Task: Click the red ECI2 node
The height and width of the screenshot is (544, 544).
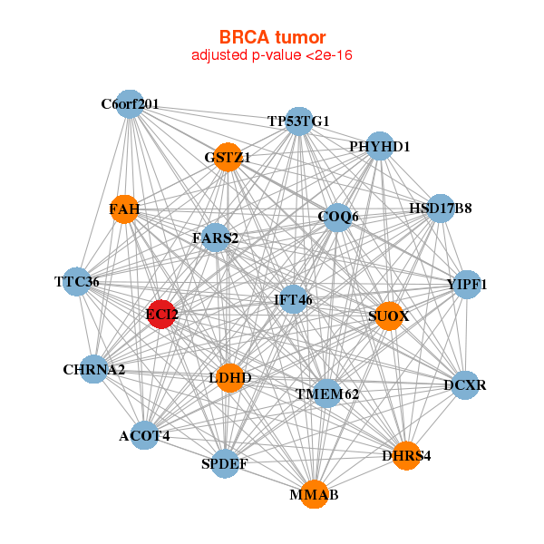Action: tap(161, 315)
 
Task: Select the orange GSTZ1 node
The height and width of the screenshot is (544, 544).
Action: tap(228, 157)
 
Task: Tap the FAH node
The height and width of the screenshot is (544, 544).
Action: tap(124, 210)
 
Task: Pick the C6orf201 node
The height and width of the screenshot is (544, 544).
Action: tap(130, 104)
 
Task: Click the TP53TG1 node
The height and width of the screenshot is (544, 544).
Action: tap(299, 121)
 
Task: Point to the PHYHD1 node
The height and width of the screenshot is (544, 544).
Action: tap(380, 146)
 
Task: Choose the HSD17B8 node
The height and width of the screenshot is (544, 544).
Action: tap(440, 208)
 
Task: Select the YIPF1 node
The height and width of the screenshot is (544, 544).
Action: tap(467, 285)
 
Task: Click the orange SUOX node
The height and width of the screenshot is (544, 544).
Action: tap(388, 316)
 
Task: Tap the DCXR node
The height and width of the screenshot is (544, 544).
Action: tap(465, 385)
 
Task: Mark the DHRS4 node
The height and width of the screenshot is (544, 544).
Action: tap(405, 455)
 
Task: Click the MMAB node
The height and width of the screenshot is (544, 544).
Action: tap(314, 495)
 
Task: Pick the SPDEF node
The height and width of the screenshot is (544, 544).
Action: tap(224, 464)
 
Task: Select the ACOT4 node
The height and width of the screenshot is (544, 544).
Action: tap(144, 436)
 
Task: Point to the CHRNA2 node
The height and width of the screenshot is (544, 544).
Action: tap(94, 369)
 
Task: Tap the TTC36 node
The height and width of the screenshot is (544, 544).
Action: tap(77, 282)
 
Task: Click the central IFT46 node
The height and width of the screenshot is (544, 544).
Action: tap(293, 298)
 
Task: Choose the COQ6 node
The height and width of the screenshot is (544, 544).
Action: tap(338, 217)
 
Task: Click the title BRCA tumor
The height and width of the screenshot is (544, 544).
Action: tap(272, 37)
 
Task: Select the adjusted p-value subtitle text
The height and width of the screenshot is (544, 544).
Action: tap(272, 55)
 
